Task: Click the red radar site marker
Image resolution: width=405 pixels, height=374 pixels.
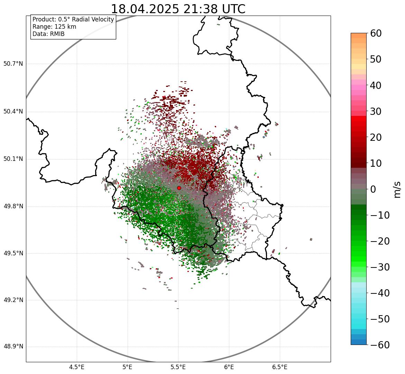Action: click(179, 188)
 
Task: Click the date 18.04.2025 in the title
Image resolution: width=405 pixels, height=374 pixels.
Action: click(145, 9)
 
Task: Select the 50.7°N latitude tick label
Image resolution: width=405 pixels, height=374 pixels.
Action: click(13, 64)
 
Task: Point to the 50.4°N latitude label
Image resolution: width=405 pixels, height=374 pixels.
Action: click(13, 111)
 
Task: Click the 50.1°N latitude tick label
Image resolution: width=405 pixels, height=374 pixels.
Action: click(13, 159)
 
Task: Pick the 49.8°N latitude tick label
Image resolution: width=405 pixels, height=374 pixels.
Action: click(13, 207)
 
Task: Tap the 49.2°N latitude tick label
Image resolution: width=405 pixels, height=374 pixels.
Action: click(13, 300)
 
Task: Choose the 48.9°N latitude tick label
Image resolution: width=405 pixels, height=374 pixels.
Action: click(13, 347)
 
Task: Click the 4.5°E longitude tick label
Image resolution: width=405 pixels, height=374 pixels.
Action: click(77, 367)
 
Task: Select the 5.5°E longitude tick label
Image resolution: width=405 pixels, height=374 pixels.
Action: click(178, 367)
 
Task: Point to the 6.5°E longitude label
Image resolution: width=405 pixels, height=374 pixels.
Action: click(279, 367)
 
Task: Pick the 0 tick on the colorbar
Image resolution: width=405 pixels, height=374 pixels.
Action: click(373, 189)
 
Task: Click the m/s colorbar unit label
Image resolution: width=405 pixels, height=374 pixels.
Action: click(397, 189)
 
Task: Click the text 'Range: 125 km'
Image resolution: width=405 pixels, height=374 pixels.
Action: click(54, 27)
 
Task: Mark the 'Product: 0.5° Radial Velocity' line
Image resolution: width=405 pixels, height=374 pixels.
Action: click(73, 19)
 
